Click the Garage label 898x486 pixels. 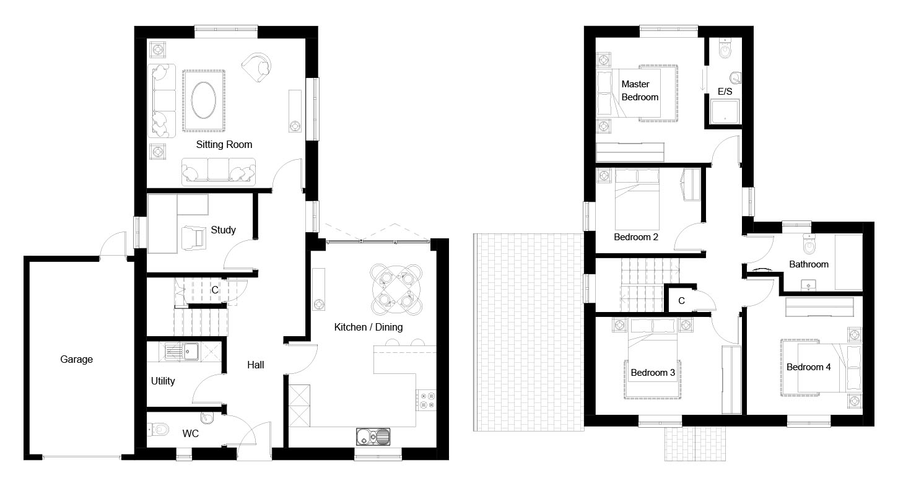tap(76, 359)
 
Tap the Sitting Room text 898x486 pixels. tap(224, 145)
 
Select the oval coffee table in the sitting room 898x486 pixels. tap(204, 100)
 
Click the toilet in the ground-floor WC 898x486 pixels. tap(159, 430)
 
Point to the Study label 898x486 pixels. tap(224, 230)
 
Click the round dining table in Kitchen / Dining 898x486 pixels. tap(396, 290)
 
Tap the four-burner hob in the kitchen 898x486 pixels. tap(425, 401)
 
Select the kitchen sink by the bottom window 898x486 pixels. tap(373, 436)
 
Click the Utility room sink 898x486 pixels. tap(183, 352)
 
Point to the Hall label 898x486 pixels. tap(255, 365)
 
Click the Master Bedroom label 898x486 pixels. tap(640, 90)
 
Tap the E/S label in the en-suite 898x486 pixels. tap(725, 92)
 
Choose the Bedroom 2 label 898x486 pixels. tap(636, 237)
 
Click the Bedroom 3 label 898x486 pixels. tap(653, 373)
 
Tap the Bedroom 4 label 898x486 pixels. tap(809, 367)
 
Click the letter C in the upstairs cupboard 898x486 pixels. tap(681, 301)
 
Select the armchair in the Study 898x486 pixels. tap(194, 238)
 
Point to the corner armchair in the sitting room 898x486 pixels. tap(257, 67)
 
